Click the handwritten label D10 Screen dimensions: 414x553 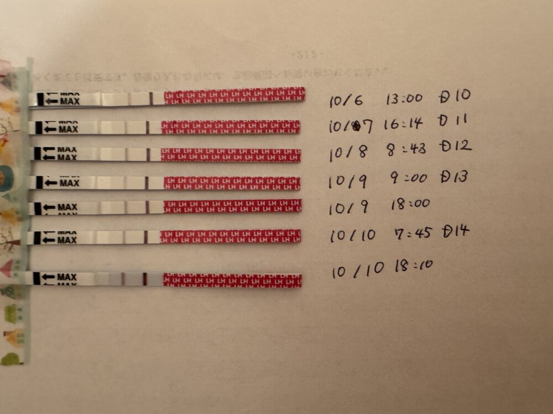point(455,96)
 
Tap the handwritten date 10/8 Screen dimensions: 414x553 point(348,152)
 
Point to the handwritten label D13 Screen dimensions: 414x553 point(454,177)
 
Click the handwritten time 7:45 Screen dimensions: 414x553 point(409,234)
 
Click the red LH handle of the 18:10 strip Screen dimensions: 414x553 point(232,280)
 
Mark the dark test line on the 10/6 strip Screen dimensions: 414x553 point(151,98)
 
